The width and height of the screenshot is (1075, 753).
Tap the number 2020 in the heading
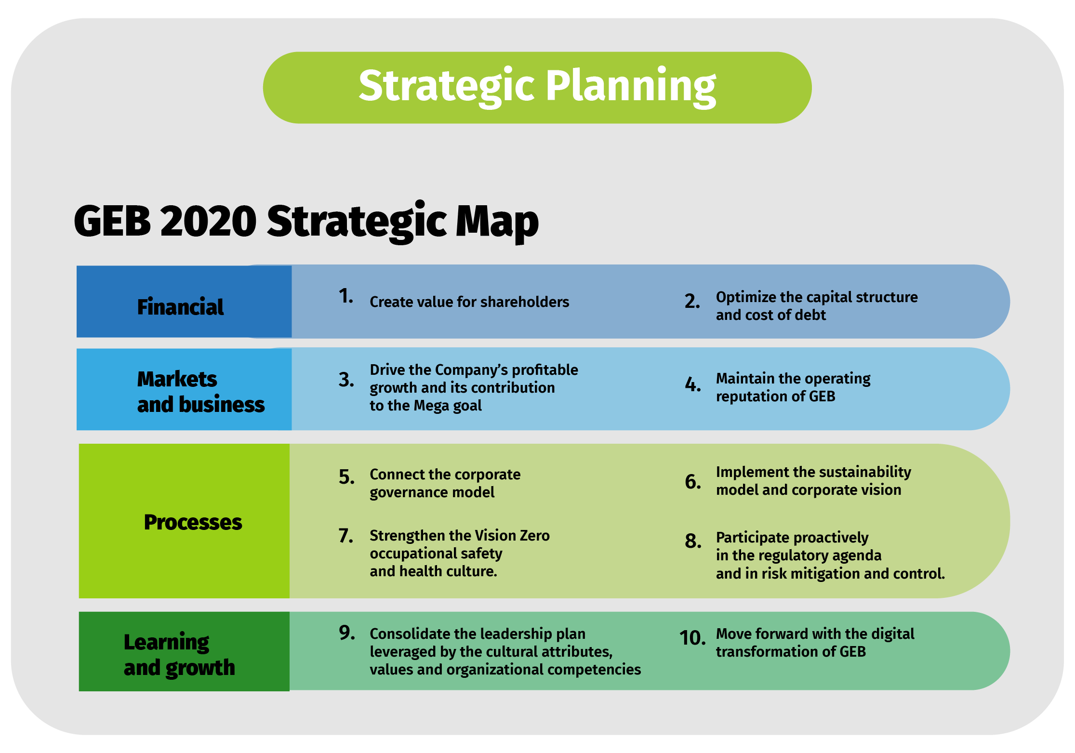click(x=208, y=221)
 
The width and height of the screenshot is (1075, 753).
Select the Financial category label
click(x=180, y=307)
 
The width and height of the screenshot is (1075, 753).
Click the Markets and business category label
click(x=201, y=392)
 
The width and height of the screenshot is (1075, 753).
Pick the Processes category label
click(x=193, y=522)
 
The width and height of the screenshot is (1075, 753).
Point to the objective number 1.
click(x=346, y=296)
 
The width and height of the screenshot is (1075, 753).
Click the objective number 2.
click(x=692, y=301)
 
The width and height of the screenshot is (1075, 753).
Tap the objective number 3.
click(x=346, y=380)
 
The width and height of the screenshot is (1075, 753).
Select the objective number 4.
click(x=693, y=384)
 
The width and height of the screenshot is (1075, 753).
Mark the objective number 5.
click(x=347, y=477)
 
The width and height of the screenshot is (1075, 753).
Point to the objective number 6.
click(x=693, y=482)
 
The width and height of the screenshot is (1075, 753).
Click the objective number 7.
click(x=346, y=536)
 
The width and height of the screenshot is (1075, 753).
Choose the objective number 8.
click(x=693, y=541)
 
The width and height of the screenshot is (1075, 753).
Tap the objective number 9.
click(x=347, y=633)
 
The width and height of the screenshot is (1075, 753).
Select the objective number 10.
click(x=692, y=638)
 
